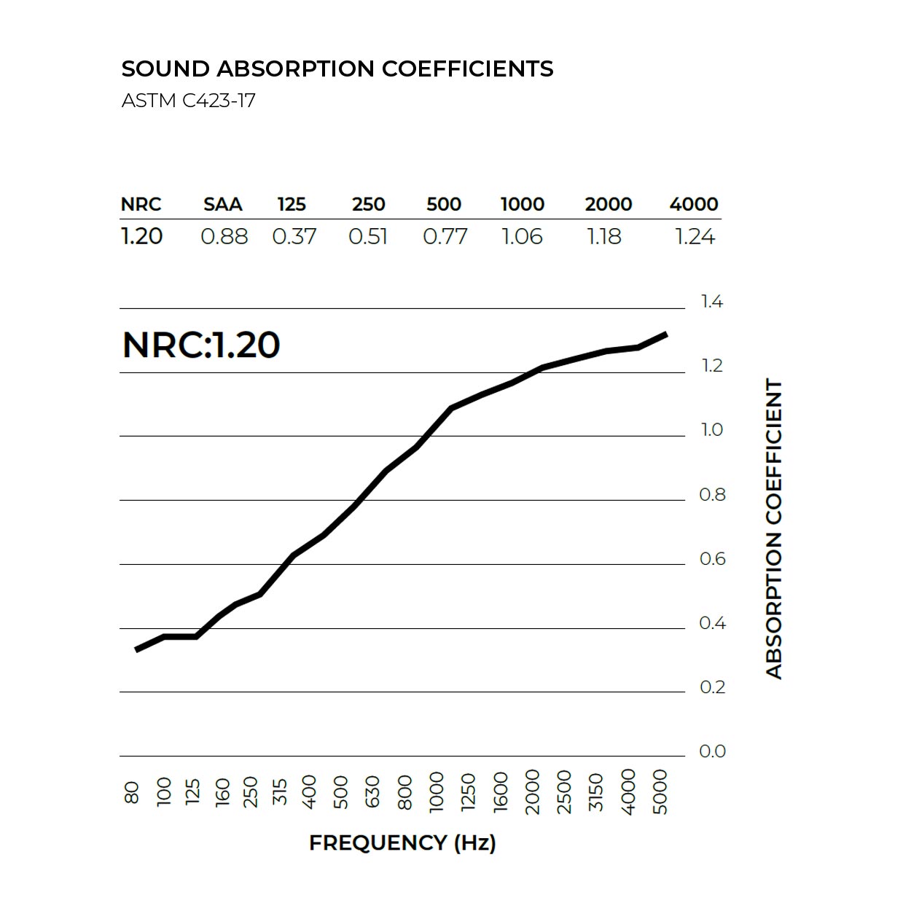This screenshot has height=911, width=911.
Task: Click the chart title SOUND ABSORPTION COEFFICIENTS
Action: (x=337, y=69)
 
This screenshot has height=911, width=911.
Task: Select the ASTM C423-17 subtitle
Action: (x=188, y=100)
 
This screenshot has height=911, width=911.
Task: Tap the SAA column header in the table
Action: (x=222, y=204)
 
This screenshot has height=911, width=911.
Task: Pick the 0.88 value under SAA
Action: (x=224, y=237)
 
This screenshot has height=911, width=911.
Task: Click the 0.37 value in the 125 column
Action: (x=294, y=237)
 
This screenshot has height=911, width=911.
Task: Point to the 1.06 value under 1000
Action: (x=522, y=237)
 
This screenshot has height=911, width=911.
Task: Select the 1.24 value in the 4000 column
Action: (x=695, y=237)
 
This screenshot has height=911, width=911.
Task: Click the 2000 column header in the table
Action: (x=608, y=204)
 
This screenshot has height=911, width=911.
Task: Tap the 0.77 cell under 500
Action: (x=445, y=237)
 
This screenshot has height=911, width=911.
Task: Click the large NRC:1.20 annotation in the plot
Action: (x=201, y=345)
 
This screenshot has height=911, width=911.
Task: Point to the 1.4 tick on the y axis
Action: (x=711, y=302)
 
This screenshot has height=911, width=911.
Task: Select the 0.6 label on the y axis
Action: (x=712, y=559)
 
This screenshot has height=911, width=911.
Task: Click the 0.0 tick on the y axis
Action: (x=712, y=751)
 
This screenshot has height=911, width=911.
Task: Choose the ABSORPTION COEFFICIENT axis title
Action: (x=774, y=528)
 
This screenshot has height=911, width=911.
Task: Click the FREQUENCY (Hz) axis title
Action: (x=402, y=843)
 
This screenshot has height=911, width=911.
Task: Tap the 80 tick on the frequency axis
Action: (x=132, y=792)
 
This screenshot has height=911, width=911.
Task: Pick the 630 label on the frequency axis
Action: (x=372, y=791)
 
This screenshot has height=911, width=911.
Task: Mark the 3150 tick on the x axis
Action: (x=596, y=791)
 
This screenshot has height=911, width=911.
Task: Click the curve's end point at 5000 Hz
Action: (x=665, y=334)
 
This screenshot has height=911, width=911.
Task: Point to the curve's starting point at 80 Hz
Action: (x=136, y=649)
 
